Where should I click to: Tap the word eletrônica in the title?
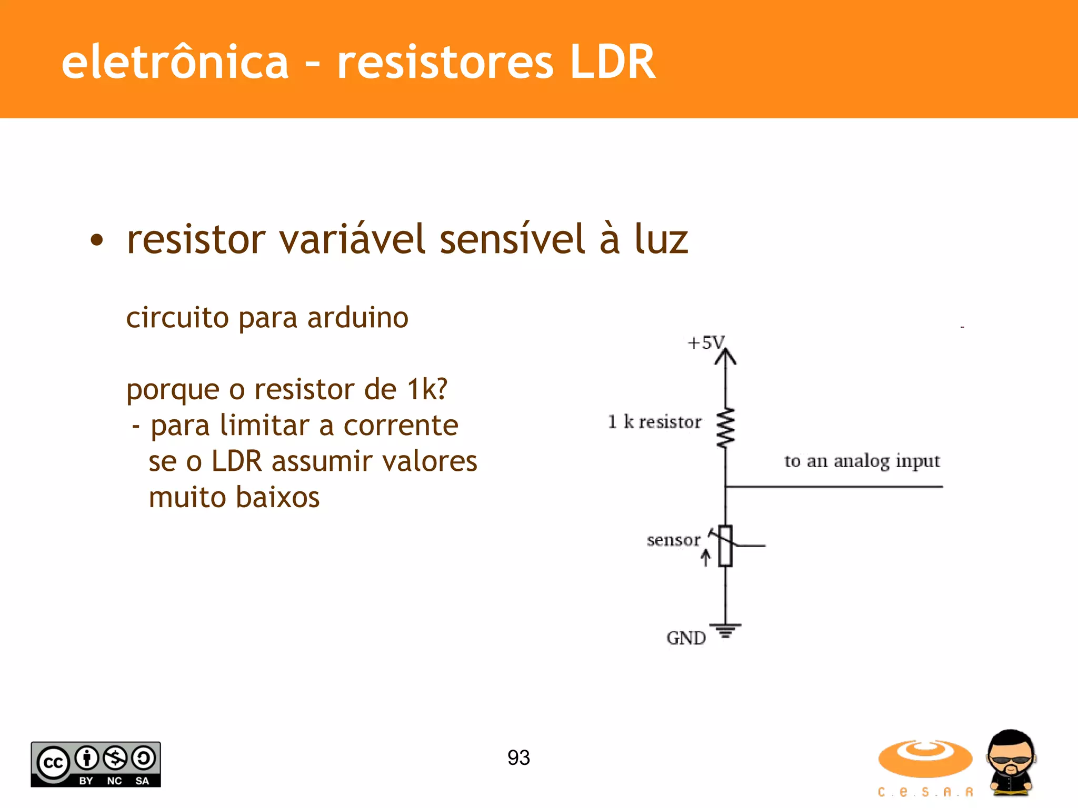coord(175,62)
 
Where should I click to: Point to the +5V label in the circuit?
coord(705,343)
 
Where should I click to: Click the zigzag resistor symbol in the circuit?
coord(725,427)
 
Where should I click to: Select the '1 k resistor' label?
coord(654,422)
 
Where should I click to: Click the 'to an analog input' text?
coord(862,461)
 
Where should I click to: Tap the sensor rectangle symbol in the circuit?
coord(725,546)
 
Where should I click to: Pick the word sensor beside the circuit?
coord(673,540)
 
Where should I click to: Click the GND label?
coord(686,638)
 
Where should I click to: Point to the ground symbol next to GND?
coord(725,630)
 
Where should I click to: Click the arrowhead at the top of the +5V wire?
coord(725,357)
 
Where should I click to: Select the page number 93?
coord(518,757)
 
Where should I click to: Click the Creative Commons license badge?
coord(96,764)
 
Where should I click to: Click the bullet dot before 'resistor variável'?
coord(97,240)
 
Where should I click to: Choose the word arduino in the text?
coord(358,318)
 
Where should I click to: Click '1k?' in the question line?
coord(427,390)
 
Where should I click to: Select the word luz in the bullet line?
coord(661,239)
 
